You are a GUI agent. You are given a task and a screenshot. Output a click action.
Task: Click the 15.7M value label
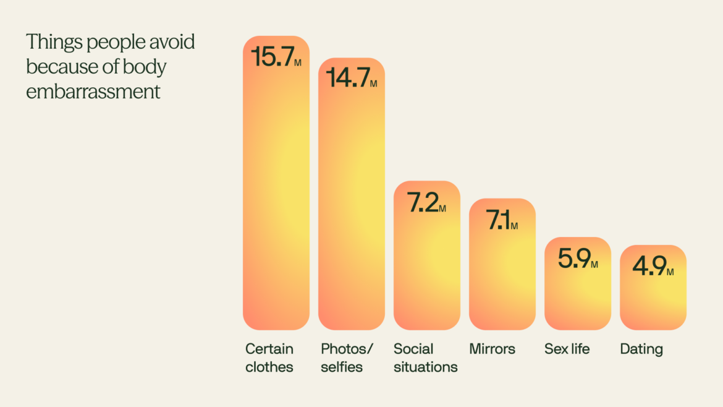point(276,57)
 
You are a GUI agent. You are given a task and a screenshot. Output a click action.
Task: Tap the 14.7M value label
point(351,78)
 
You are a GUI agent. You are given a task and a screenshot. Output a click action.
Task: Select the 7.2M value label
point(426,203)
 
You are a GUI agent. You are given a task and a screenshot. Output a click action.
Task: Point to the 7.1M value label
point(502,220)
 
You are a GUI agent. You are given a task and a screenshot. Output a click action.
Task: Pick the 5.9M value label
point(578,259)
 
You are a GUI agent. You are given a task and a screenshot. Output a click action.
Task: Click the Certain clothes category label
point(269,358)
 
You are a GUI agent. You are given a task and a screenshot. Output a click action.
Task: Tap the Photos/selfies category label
point(347,358)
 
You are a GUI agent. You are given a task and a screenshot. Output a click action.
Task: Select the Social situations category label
point(426,358)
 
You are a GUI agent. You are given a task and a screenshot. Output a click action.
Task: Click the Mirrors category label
point(492,349)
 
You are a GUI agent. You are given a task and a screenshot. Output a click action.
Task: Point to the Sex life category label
point(567,349)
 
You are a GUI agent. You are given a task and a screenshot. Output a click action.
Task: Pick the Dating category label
point(641,349)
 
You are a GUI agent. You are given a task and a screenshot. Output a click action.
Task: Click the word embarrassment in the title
point(93,92)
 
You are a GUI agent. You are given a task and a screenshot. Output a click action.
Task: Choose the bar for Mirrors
point(502,278)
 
